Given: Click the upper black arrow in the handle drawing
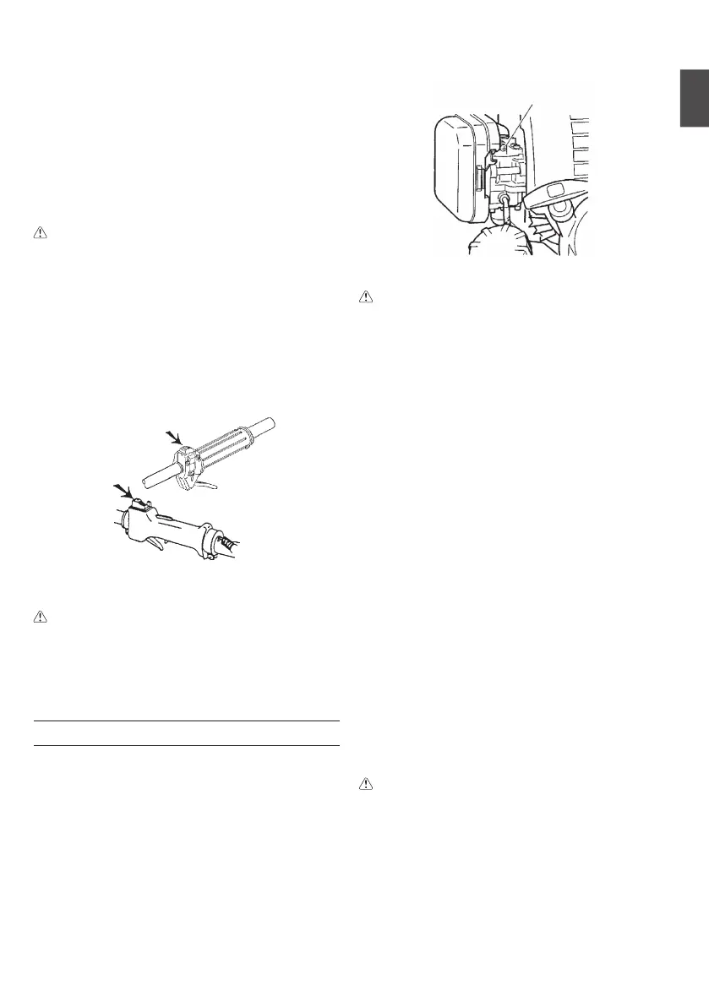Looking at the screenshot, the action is point(174,436).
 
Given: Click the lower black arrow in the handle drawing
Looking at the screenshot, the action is point(123,491).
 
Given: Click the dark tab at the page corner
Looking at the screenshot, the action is point(694,101).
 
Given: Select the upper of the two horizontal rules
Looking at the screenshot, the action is point(185,721).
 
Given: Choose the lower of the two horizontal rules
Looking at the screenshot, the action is point(185,746).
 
